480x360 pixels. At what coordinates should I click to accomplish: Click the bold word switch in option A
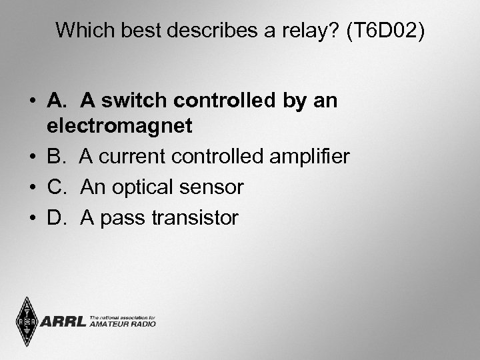(141, 101)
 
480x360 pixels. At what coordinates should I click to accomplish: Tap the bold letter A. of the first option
(58, 101)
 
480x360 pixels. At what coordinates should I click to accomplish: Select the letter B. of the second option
(58, 157)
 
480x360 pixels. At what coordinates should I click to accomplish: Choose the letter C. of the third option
(59, 187)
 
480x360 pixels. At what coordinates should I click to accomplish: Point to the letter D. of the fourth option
(59, 218)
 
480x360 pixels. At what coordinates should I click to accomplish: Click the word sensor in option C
(211, 187)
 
